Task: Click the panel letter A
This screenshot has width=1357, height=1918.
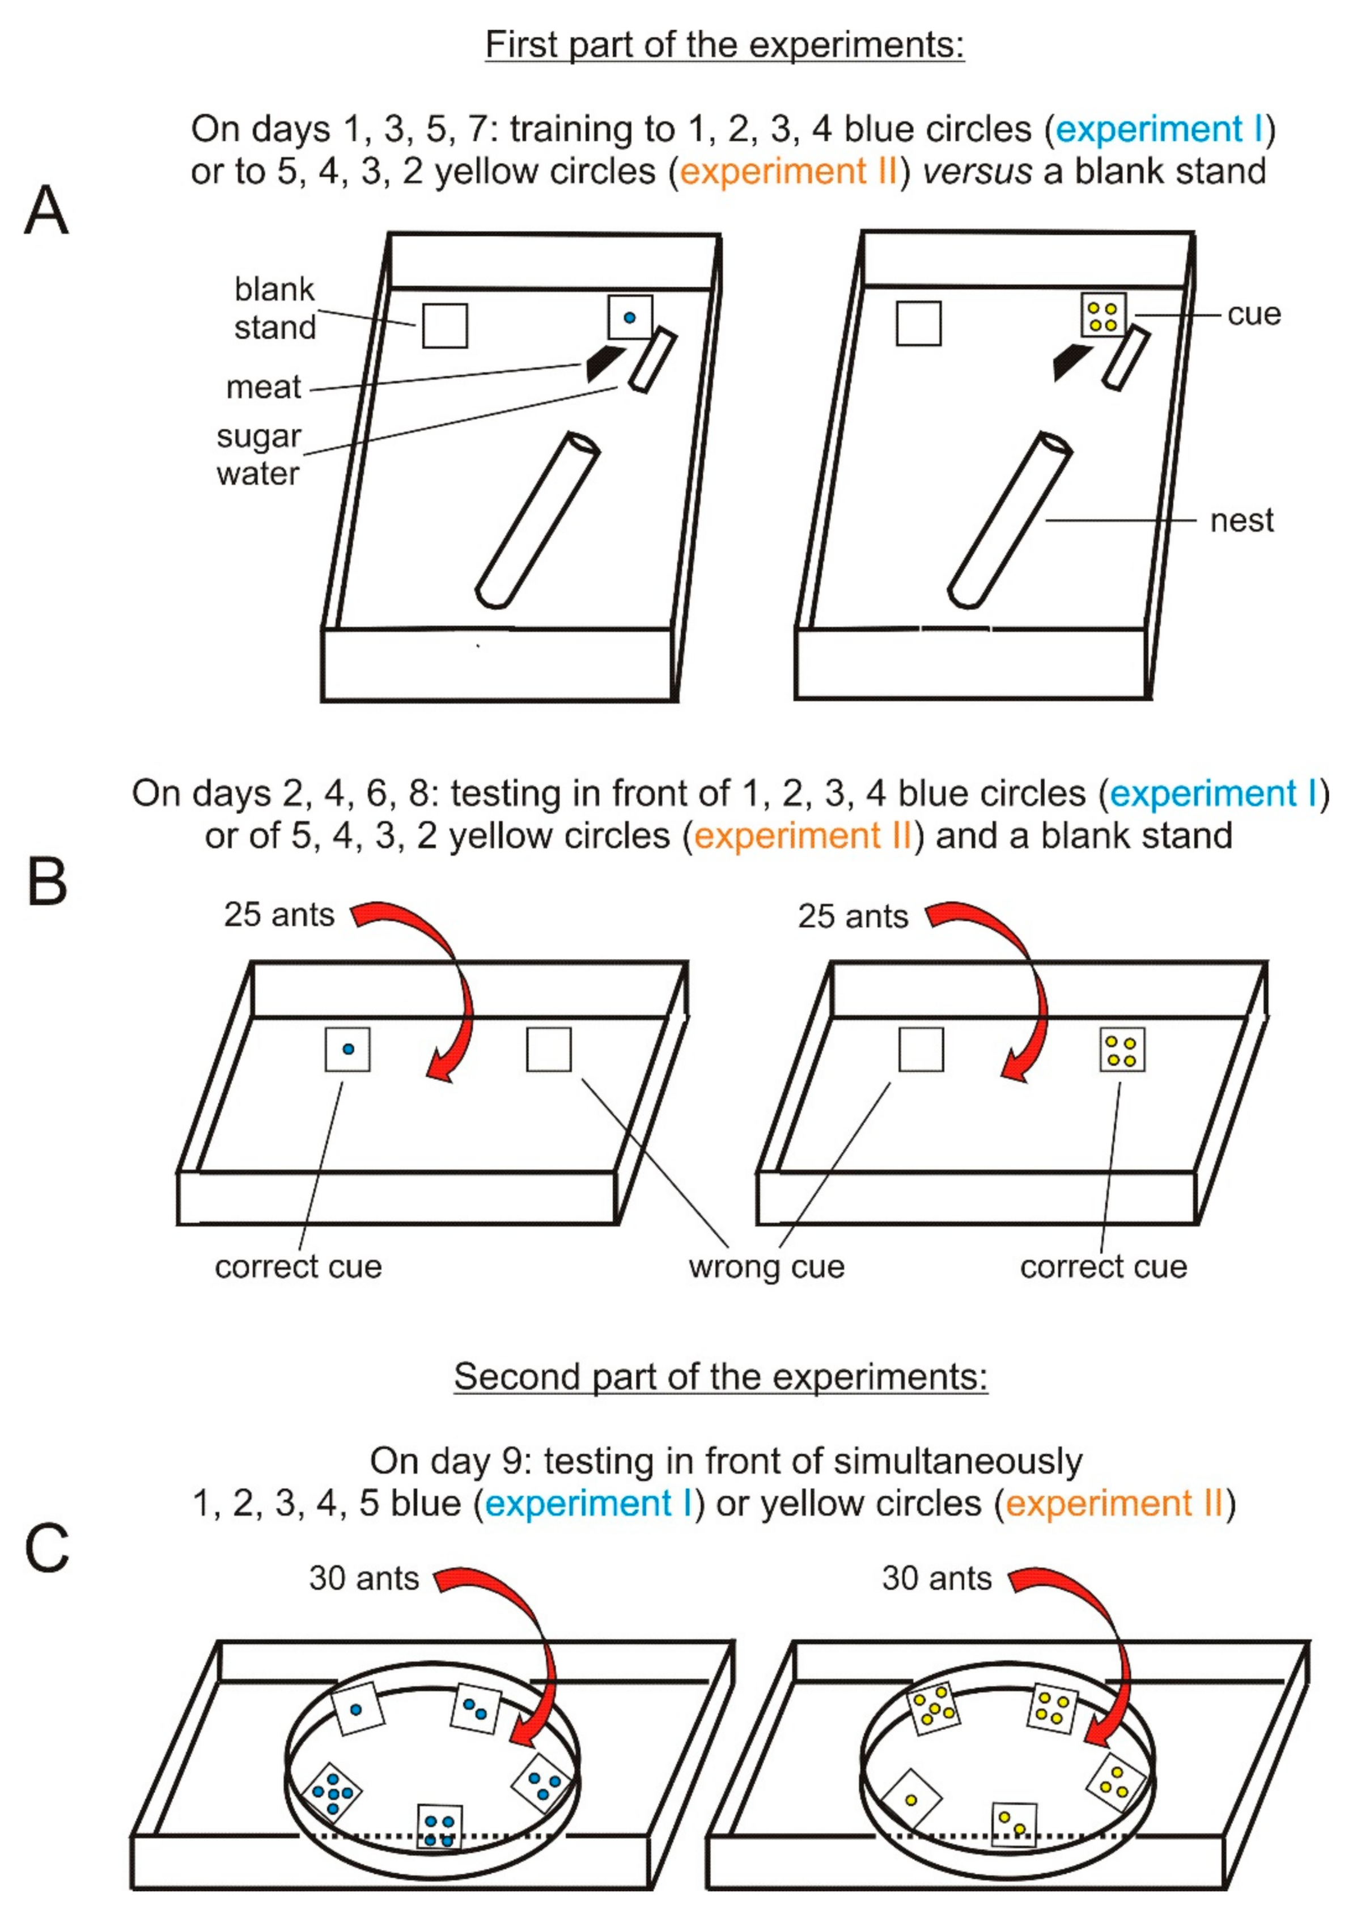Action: point(46,210)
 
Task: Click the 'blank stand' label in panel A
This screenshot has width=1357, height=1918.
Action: point(275,308)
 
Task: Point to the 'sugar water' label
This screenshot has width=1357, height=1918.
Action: point(258,455)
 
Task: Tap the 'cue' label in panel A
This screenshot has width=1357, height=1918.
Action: point(1253,314)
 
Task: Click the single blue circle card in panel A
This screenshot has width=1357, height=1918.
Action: point(629,317)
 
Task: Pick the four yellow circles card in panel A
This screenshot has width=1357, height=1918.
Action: point(1103,316)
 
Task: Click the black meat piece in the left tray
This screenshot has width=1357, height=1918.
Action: point(603,362)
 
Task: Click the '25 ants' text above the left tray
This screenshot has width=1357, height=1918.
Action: point(278,915)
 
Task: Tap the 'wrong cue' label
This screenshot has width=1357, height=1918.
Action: point(766,1266)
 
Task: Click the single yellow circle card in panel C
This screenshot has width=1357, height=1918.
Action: point(911,1798)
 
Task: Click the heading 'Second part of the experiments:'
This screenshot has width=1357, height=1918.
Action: point(720,1376)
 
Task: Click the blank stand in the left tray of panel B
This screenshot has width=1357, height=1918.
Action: point(549,1049)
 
